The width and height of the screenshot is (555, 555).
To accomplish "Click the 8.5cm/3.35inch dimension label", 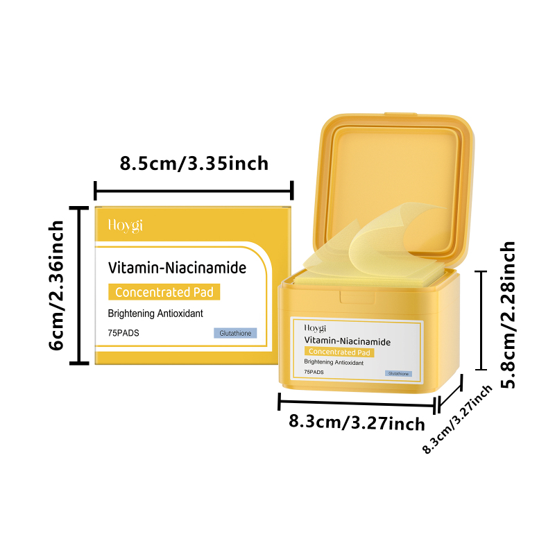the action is coord(194,164).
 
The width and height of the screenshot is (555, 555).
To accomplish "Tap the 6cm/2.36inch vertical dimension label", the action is coord(56,285).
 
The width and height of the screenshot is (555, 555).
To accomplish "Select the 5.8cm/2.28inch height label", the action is coord(508,315).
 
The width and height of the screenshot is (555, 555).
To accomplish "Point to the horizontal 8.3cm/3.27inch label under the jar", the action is coord(357,422).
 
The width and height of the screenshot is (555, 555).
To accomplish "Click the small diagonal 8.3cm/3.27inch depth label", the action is coord(457,419).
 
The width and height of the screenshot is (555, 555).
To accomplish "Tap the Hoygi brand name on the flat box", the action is coord(126,226).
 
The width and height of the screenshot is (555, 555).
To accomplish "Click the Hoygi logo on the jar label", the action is coord(315,328).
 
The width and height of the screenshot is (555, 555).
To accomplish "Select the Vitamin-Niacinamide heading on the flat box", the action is coord(177,268).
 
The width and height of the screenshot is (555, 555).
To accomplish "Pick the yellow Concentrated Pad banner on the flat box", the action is coord(164,292).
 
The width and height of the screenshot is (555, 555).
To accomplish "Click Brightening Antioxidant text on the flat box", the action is coord(155,314).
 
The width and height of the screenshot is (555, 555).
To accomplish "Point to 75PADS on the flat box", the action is coord(123,333).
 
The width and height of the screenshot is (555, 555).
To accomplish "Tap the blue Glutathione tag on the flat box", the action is coord(235,333).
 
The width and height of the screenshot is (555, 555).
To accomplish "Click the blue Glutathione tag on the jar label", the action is coord(398,373).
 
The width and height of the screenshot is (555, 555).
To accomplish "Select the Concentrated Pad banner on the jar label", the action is coord(339,352).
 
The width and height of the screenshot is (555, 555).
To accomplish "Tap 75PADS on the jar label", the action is coord(314,372).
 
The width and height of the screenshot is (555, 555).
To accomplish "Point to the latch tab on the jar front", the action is coord(357,298).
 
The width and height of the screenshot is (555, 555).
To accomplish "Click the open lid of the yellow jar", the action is coord(393,184).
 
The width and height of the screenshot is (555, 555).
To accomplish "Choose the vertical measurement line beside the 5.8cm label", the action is coord(481,321).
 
